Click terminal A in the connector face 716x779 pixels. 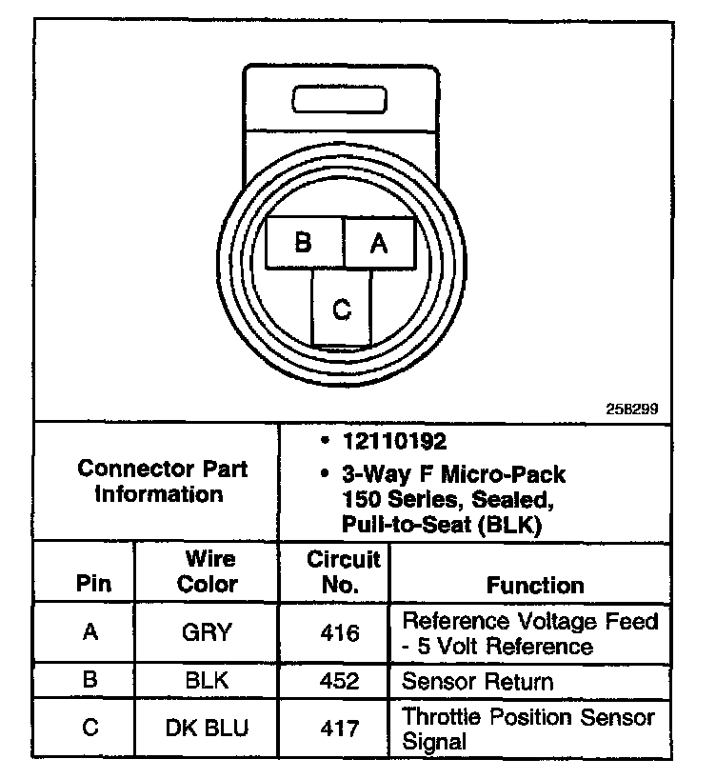379,243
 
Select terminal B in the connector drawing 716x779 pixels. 304,243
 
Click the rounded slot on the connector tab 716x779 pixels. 339,100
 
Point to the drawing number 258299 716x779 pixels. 632,409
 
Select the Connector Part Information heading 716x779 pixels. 163,482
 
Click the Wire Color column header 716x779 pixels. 209,571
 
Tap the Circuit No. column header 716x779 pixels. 343,571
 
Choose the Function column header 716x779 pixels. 535,585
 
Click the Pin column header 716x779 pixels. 92,585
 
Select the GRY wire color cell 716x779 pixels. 209,632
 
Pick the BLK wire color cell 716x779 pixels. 209,682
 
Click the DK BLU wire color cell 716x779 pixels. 209,729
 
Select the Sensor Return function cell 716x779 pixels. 477,682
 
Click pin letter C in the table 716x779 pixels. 90,729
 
